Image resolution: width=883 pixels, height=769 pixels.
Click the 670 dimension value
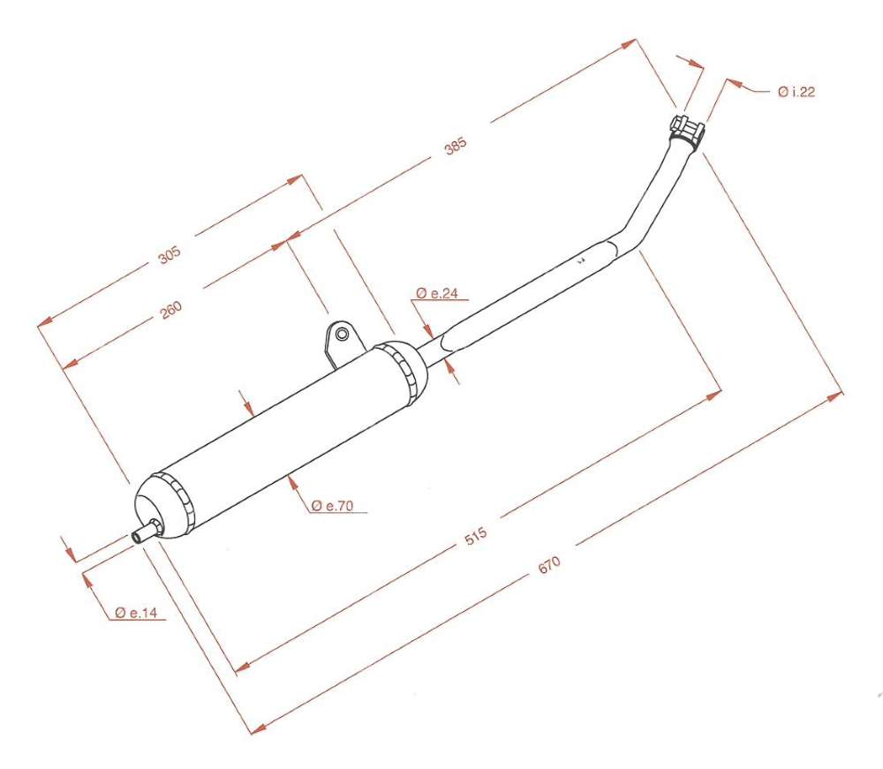tap(549, 565)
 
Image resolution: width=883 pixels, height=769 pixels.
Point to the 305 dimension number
tap(169, 255)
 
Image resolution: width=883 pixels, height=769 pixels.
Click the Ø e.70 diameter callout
tap(333, 506)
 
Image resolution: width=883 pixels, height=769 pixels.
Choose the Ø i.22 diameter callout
tap(796, 92)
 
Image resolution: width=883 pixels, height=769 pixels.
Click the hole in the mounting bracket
tap(341, 334)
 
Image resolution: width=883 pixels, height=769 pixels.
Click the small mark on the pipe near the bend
tap(580, 261)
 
